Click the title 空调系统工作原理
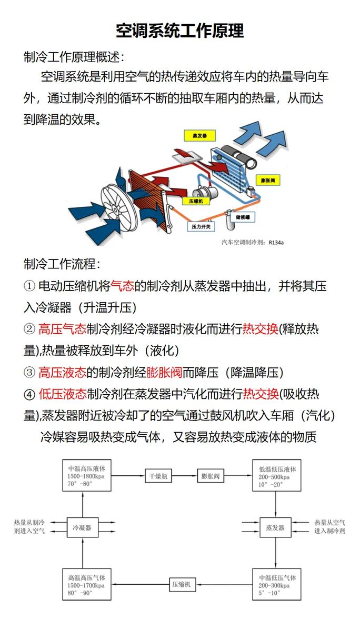(179, 31)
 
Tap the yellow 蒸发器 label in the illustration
(199, 135)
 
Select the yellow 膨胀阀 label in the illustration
(268, 181)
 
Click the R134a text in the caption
(276, 243)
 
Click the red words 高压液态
(62, 373)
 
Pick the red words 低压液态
(62, 394)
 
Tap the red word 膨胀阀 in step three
(164, 373)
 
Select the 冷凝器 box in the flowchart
(82, 527)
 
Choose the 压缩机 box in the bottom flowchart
(183, 584)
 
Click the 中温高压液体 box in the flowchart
(87, 476)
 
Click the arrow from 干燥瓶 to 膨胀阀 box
(185, 476)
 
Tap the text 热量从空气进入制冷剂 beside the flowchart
(329, 527)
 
